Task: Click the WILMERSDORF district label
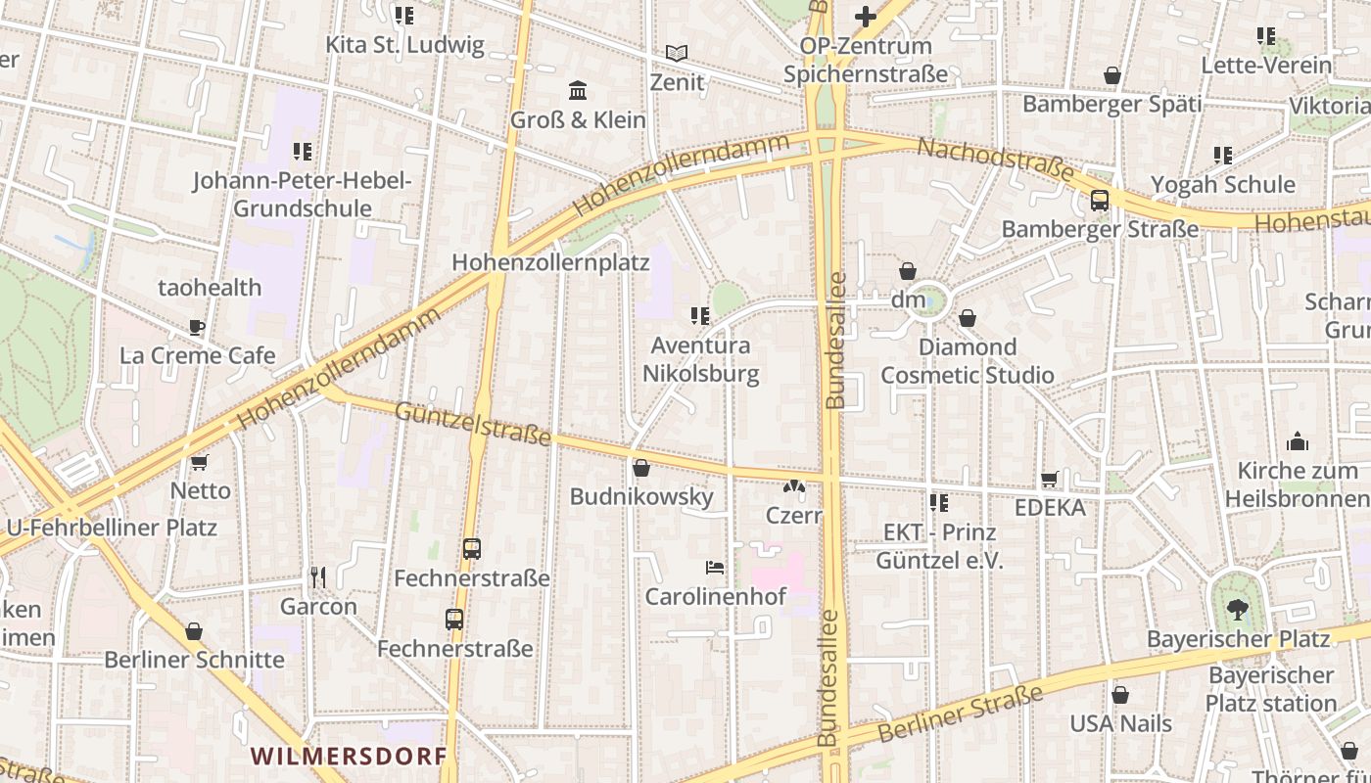[349, 756]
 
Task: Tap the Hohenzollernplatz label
[550, 262]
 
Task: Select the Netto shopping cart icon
[200, 462]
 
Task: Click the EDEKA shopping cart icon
[1050, 479]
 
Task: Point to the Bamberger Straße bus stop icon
[1100, 201]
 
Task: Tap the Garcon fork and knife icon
[317, 576]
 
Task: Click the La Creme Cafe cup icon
[197, 327]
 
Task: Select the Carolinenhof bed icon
[715, 567]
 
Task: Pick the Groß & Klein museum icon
[578, 91]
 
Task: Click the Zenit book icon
[677, 53]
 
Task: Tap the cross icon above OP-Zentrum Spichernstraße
[865, 16]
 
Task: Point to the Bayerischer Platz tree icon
[1238, 610]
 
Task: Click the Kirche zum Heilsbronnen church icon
[1298, 441]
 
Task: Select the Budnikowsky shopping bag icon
[641, 468]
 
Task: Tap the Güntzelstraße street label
[473, 424]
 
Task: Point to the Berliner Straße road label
[961, 715]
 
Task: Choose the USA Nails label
[1120, 724]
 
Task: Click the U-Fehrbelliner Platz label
[111, 528]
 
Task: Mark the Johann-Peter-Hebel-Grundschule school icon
[303, 151]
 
